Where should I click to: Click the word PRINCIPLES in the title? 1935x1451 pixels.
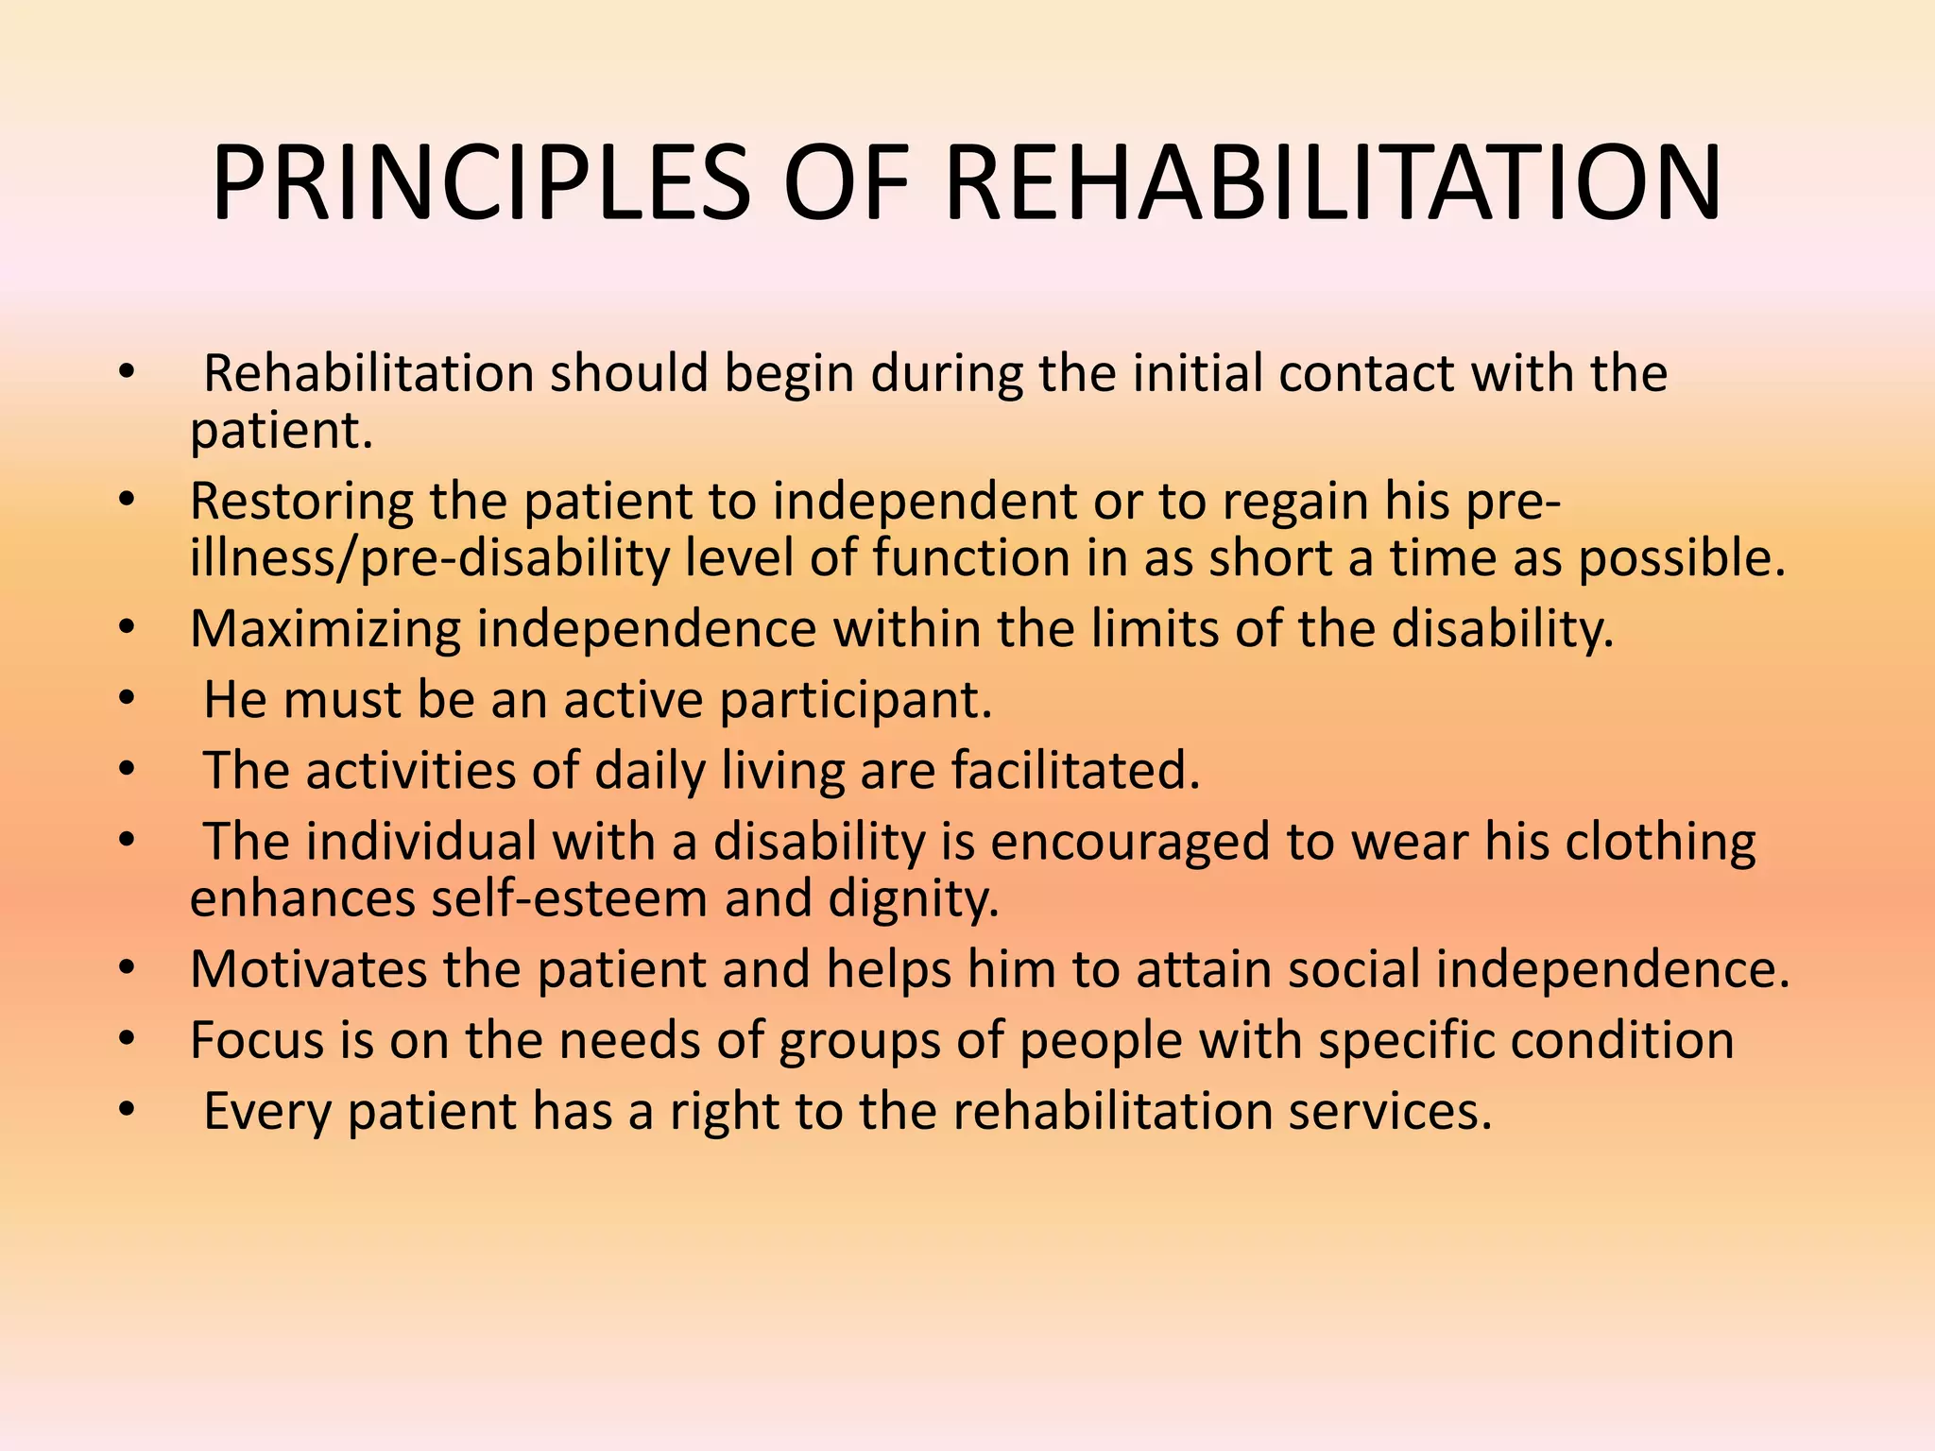click(480, 184)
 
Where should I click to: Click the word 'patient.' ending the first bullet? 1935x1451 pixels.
click(282, 432)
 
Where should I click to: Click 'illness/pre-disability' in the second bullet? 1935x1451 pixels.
click(429, 558)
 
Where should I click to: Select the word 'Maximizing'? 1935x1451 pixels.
click(325, 629)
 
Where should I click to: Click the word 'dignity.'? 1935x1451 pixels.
click(914, 898)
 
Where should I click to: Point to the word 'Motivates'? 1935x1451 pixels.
click(308, 969)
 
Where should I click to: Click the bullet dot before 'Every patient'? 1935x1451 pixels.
click(128, 1112)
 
